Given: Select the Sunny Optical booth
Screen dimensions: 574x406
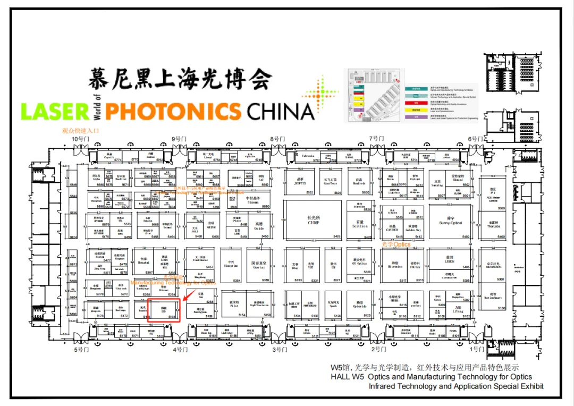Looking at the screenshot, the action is coord(450,222).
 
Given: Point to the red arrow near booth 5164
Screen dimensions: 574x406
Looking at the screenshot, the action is coord(187,291).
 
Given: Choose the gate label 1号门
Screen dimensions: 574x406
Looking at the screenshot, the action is coord(477,349).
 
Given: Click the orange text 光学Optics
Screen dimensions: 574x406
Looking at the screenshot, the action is coord(396,244).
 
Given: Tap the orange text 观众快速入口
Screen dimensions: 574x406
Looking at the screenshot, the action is coord(80,130).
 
